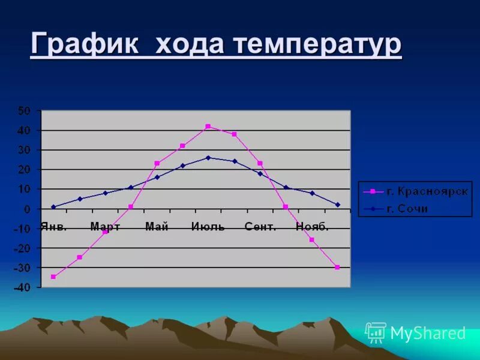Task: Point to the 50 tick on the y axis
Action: [x=24, y=110]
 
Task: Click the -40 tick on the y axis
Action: [x=22, y=287]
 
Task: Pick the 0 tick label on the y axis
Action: [x=28, y=209]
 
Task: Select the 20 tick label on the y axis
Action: [x=24, y=170]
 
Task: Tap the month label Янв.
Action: [x=54, y=227]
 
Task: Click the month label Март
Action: [x=105, y=227]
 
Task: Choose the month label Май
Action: [x=157, y=227]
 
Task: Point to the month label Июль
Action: [x=208, y=227]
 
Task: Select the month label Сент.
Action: [x=260, y=227]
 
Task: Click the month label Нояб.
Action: [x=312, y=227]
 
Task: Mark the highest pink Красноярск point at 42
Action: [x=208, y=127]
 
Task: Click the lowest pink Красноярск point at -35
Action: [x=53, y=277]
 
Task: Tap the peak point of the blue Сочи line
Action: [x=208, y=158]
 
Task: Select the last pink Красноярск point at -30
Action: [x=337, y=267]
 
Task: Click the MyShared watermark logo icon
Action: [x=376, y=332]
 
